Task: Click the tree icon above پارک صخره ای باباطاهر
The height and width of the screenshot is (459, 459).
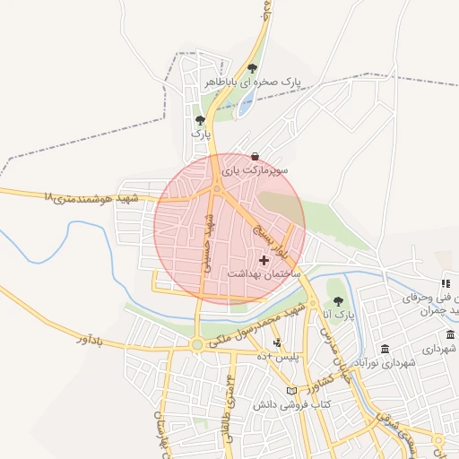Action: click(x=252, y=68)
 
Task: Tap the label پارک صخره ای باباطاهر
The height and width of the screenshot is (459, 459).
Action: click(x=252, y=82)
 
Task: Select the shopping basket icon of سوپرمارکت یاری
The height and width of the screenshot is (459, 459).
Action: click(x=255, y=155)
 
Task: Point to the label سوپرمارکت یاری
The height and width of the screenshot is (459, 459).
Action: click(x=255, y=169)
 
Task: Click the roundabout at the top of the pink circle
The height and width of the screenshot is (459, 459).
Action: click(x=216, y=188)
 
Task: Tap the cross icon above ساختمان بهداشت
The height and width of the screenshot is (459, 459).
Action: click(x=262, y=259)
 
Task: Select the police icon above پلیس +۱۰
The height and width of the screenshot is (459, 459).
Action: click(x=277, y=342)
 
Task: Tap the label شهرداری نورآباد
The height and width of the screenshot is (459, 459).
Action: click(x=385, y=363)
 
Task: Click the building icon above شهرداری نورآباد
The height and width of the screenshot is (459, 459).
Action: click(x=385, y=349)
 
